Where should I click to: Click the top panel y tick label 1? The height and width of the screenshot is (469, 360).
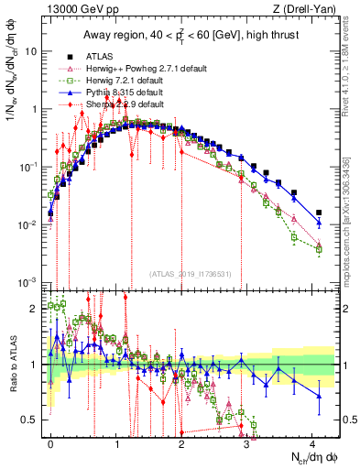[33, 109]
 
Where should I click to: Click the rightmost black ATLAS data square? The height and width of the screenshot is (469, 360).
[319, 213]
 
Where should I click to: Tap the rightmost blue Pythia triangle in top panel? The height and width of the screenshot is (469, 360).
[319, 223]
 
